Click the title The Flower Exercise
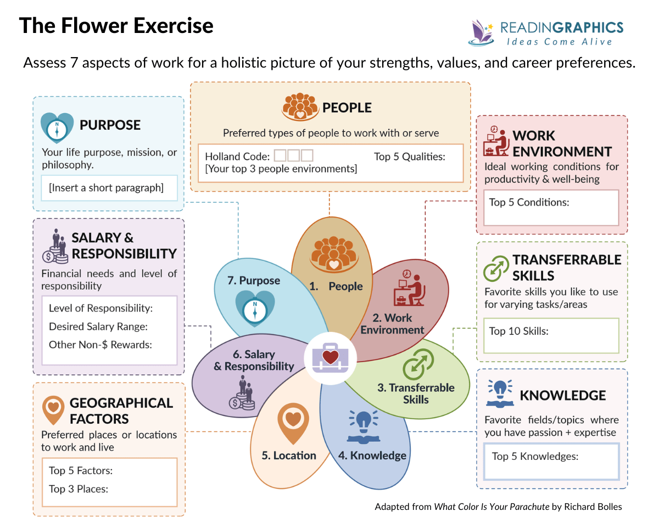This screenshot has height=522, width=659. pos(116,26)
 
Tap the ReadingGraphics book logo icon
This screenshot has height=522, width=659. pos(481,32)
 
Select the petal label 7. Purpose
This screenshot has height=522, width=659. pos(254,281)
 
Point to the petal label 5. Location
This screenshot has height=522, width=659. pos(289,456)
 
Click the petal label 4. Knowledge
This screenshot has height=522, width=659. pos(372,456)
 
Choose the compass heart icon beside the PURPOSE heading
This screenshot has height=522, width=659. pos(57,127)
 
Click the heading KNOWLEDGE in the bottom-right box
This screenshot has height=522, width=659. pos(563,396)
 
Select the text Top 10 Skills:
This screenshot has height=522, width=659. pos(519,331)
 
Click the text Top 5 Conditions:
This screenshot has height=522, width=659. pos(529,202)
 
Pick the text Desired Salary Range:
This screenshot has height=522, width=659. pos(98,326)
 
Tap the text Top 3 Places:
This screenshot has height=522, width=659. pos(79,488)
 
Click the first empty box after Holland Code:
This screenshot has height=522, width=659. pos(280,156)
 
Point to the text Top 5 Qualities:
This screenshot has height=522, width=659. pos(410,157)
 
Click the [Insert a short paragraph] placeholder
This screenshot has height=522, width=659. pos(106,188)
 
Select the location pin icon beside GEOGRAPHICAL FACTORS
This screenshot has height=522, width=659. pos(53,410)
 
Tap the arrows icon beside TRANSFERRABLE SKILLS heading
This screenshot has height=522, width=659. pos(496,268)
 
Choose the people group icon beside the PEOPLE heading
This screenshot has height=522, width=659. pos(300,107)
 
